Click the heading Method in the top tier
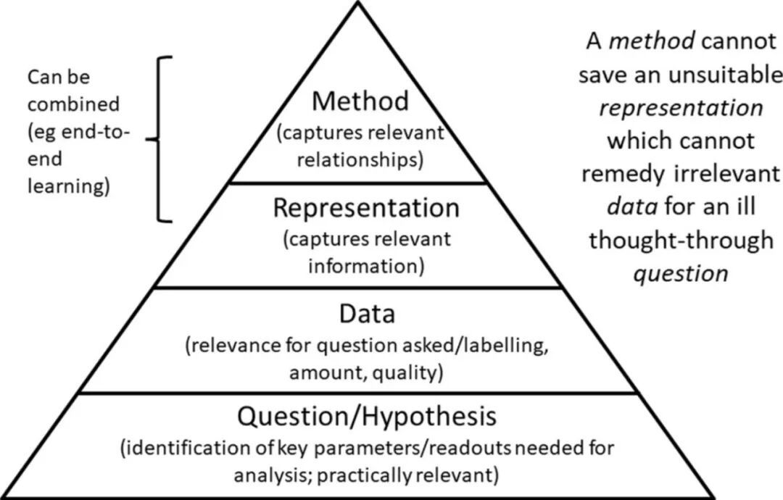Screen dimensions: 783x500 (360, 101)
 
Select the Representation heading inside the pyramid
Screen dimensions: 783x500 (366, 207)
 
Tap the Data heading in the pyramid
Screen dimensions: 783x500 (367, 314)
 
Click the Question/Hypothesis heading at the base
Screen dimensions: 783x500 (367, 416)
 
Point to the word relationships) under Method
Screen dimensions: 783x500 (360, 159)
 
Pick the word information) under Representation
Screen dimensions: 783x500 (366, 265)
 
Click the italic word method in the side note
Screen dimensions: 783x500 (652, 41)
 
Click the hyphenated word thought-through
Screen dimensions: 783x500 (681, 241)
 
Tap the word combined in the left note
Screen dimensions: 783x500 (73, 104)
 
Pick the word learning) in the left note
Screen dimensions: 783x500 (68, 187)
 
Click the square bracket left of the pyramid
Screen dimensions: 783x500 (159, 139)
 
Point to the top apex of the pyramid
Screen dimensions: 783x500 (357, 2)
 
